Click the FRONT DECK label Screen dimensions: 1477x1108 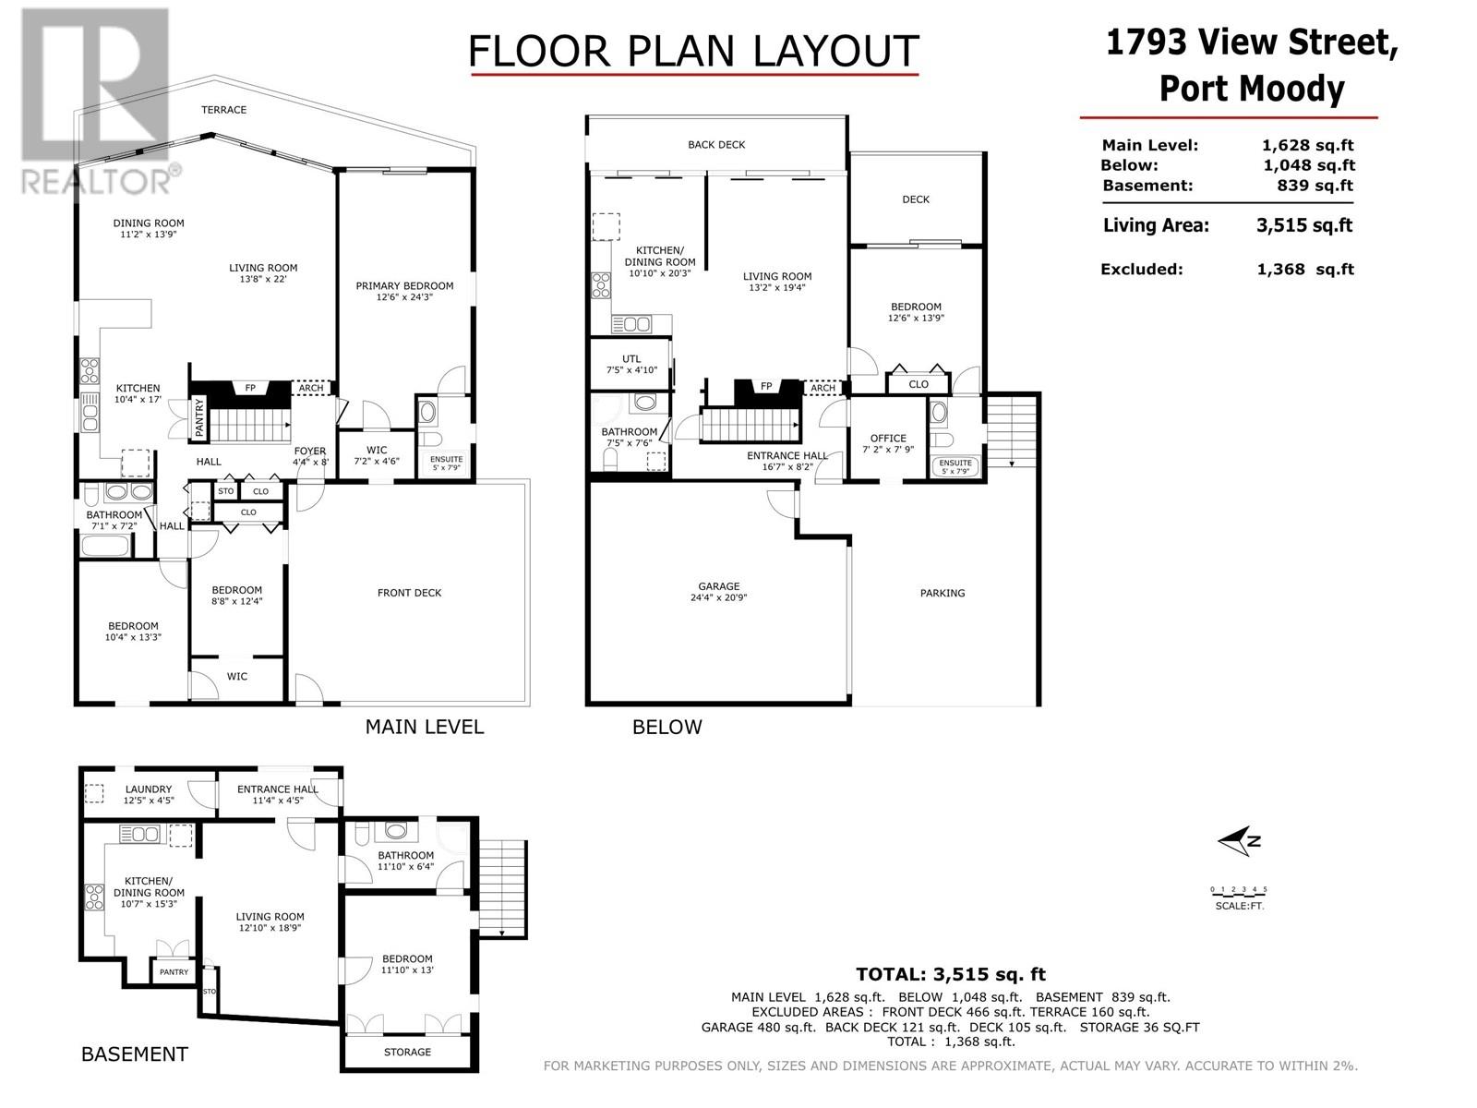pos(409,593)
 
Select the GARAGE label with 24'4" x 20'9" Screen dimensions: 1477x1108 pos(718,591)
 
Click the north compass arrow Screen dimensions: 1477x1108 pos(1239,841)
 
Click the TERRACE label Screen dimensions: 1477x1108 pos(224,110)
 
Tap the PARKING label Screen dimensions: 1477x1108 pos(943,593)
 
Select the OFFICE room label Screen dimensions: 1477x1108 pos(888,438)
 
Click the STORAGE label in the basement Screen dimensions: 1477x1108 pos(407,1052)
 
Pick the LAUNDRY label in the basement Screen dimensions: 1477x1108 pos(149,789)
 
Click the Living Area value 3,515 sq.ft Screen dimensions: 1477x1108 pos(1304,225)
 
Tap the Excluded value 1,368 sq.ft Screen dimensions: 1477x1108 pos(1305,269)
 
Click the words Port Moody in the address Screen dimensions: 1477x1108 pos(1252,89)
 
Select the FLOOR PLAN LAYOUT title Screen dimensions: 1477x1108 pos(694,51)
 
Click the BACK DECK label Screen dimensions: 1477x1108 pos(716,145)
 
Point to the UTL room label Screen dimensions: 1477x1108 pos(631,358)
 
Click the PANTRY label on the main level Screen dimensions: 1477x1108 pos(199,417)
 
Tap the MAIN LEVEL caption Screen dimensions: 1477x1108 pos(425,727)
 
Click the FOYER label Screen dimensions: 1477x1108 pos(309,451)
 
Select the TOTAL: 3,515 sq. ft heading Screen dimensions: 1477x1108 pos(951,974)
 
